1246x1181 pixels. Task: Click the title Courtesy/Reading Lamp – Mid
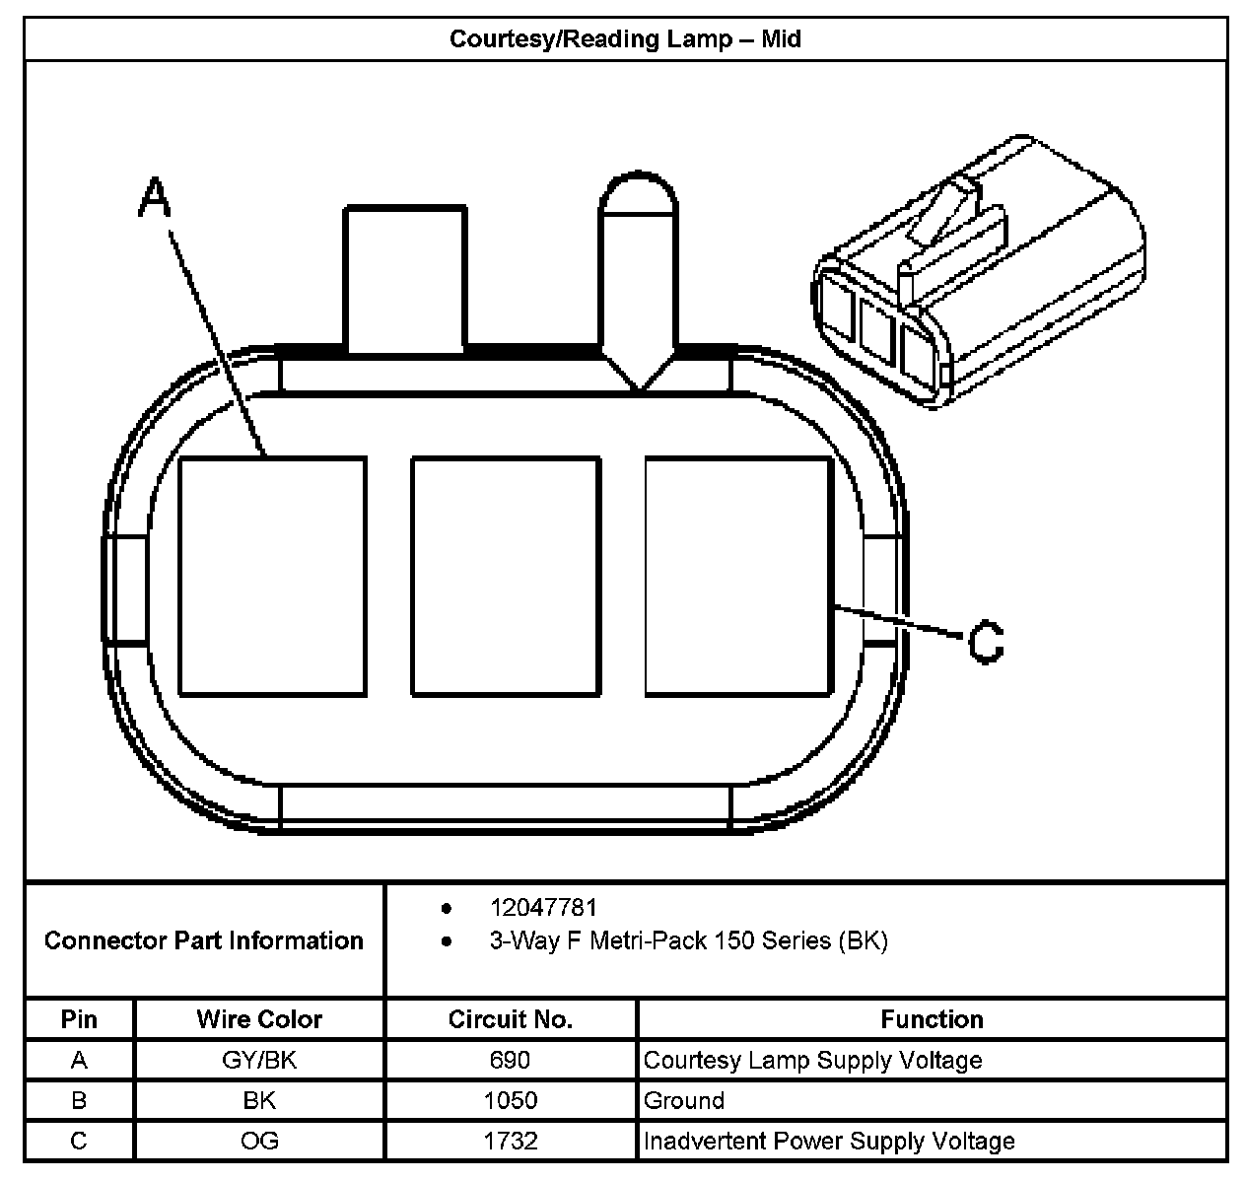click(x=624, y=39)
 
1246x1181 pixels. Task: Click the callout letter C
click(x=986, y=642)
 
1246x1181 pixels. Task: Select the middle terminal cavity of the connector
click(x=506, y=576)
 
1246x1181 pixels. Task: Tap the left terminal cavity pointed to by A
click(x=272, y=576)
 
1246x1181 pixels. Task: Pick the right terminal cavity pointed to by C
click(x=738, y=576)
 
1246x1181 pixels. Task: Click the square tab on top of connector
click(x=404, y=278)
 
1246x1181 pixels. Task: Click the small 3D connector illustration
click(x=979, y=271)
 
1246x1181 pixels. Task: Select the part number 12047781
click(x=543, y=907)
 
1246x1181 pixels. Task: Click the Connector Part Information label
click(x=204, y=940)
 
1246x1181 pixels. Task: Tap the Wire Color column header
click(x=259, y=1019)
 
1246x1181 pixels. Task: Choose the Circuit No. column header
click(x=510, y=1019)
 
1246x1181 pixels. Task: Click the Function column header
click(x=932, y=1019)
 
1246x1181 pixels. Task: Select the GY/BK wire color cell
click(x=259, y=1061)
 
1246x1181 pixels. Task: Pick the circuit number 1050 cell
click(x=510, y=1100)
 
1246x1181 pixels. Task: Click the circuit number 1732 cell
click(x=510, y=1142)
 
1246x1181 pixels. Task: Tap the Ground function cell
click(x=684, y=1100)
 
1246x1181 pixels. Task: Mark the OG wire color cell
click(x=259, y=1142)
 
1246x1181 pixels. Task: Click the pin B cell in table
click(x=79, y=1100)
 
